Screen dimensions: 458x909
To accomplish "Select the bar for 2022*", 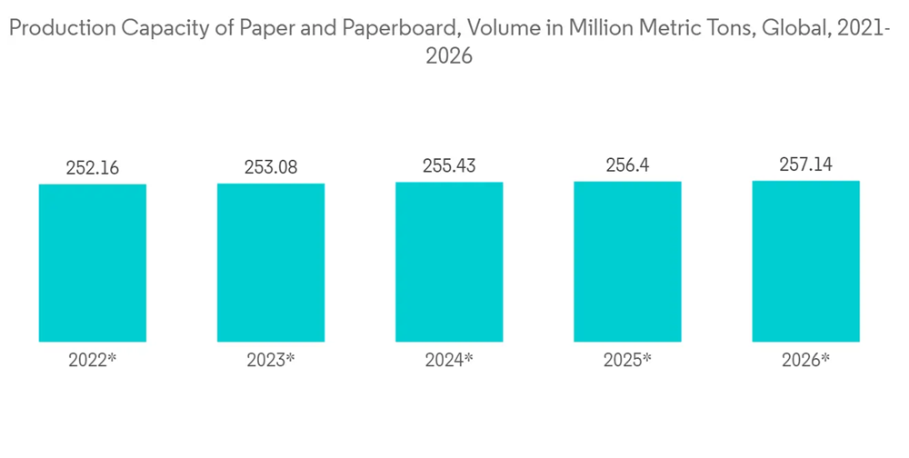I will click(x=93, y=263).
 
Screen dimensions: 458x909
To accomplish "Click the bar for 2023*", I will click(x=271, y=263).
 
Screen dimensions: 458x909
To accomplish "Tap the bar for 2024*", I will click(x=449, y=262).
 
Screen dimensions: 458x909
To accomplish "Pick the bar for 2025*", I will click(x=627, y=262).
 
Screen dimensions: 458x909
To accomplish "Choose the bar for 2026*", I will click(x=805, y=262).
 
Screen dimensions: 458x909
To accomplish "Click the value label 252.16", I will click(x=93, y=168).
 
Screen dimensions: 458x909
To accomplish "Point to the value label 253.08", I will click(x=271, y=168).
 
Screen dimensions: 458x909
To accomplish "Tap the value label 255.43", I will click(x=449, y=167).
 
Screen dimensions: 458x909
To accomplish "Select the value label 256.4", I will click(x=627, y=167).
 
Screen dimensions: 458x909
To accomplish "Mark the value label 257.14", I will click(x=805, y=166).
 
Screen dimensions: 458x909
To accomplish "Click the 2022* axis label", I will click(x=93, y=360).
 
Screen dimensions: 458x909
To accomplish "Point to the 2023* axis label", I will click(x=271, y=360).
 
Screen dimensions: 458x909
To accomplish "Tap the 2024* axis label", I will click(x=449, y=360).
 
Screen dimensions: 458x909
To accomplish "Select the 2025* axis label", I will click(x=627, y=360).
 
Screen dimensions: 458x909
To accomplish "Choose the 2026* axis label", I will click(x=805, y=360).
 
